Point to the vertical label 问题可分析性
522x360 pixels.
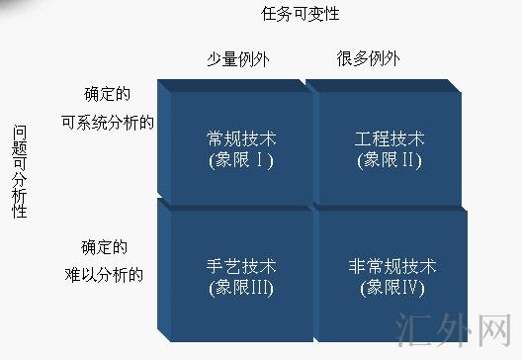pos(19,172)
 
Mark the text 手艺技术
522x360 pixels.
pos(241,267)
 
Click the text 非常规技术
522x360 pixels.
pos(392,267)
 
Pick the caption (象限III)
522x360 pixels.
pos(241,289)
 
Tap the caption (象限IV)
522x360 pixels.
pos(392,289)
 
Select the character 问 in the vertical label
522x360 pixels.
pos(19,133)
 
